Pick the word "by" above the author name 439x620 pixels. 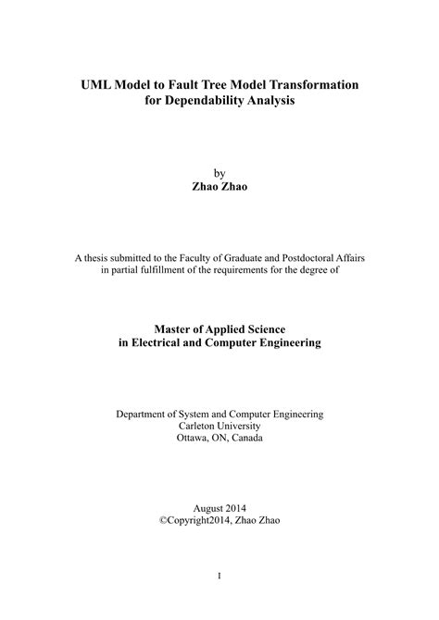click(219, 172)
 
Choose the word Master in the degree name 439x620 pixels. click(173, 329)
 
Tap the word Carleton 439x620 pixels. click(195, 428)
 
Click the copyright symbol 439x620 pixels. click(163, 521)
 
